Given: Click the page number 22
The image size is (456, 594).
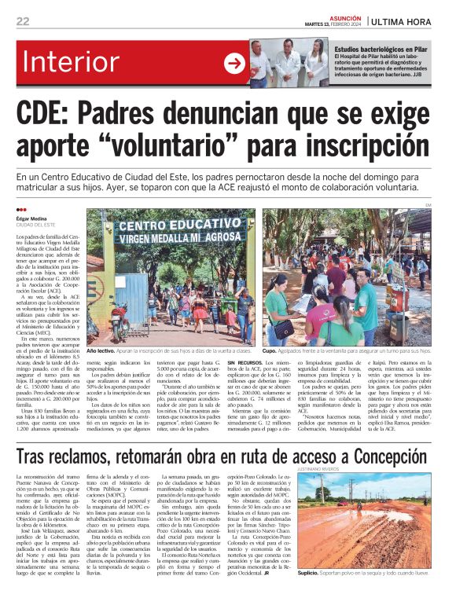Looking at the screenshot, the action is [22, 21].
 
